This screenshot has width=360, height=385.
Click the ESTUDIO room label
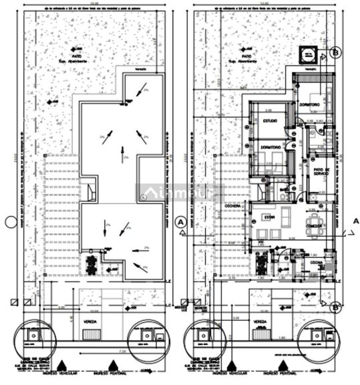click(x=269, y=121)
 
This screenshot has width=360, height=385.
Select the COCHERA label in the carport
click(x=234, y=206)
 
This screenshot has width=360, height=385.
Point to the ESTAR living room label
click(x=269, y=217)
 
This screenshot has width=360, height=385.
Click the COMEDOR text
click(x=315, y=226)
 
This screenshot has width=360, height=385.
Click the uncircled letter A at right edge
click(x=356, y=221)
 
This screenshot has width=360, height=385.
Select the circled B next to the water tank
click(x=337, y=51)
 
